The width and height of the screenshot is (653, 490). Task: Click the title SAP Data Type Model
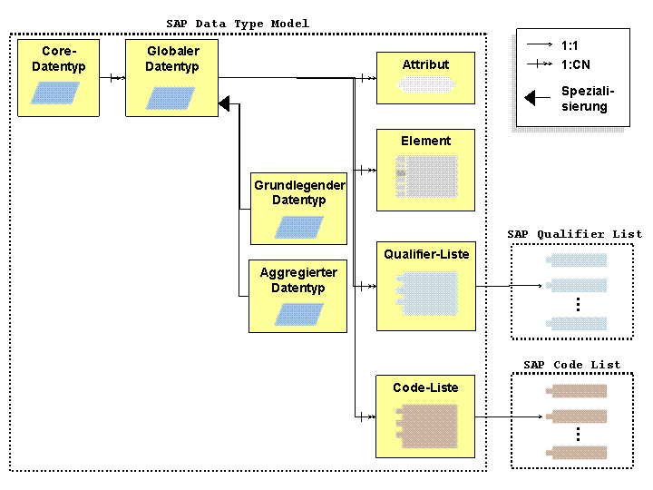(x=238, y=24)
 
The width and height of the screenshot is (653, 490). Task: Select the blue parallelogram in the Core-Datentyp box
(x=55, y=93)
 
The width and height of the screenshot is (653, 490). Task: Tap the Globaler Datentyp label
(x=172, y=59)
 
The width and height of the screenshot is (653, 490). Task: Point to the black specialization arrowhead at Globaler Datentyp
(x=225, y=103)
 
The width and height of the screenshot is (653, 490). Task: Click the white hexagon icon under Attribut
(x=425, y=84)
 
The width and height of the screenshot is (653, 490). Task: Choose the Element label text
(x=425, y=141)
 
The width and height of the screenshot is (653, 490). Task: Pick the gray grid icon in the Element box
(x=426, y=177)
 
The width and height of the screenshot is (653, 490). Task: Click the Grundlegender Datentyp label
(x=299, y=192)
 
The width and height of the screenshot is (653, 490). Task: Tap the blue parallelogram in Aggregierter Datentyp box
(x=299, y=314)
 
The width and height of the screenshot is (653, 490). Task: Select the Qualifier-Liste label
(x=426, y=254)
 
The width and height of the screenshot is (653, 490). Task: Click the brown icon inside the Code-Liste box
(x=426, y=426)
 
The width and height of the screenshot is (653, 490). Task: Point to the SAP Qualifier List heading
(x=575, y=234)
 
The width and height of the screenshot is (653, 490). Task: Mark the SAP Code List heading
(x=571, y=365)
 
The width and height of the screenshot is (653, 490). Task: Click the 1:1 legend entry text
(x=570, y=45)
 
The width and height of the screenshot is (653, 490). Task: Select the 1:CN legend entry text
(x=576, y=64)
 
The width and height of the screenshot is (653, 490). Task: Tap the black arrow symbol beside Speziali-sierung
(x=538, y=98)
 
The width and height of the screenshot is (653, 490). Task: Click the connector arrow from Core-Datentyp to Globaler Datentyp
(x=112, y=78)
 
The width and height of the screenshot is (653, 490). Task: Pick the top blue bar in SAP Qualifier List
(x=577, y=260)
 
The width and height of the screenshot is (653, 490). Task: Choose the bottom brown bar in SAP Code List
(x=577, y=453)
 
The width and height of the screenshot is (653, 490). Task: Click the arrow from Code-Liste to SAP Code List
(x=509, y=416)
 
